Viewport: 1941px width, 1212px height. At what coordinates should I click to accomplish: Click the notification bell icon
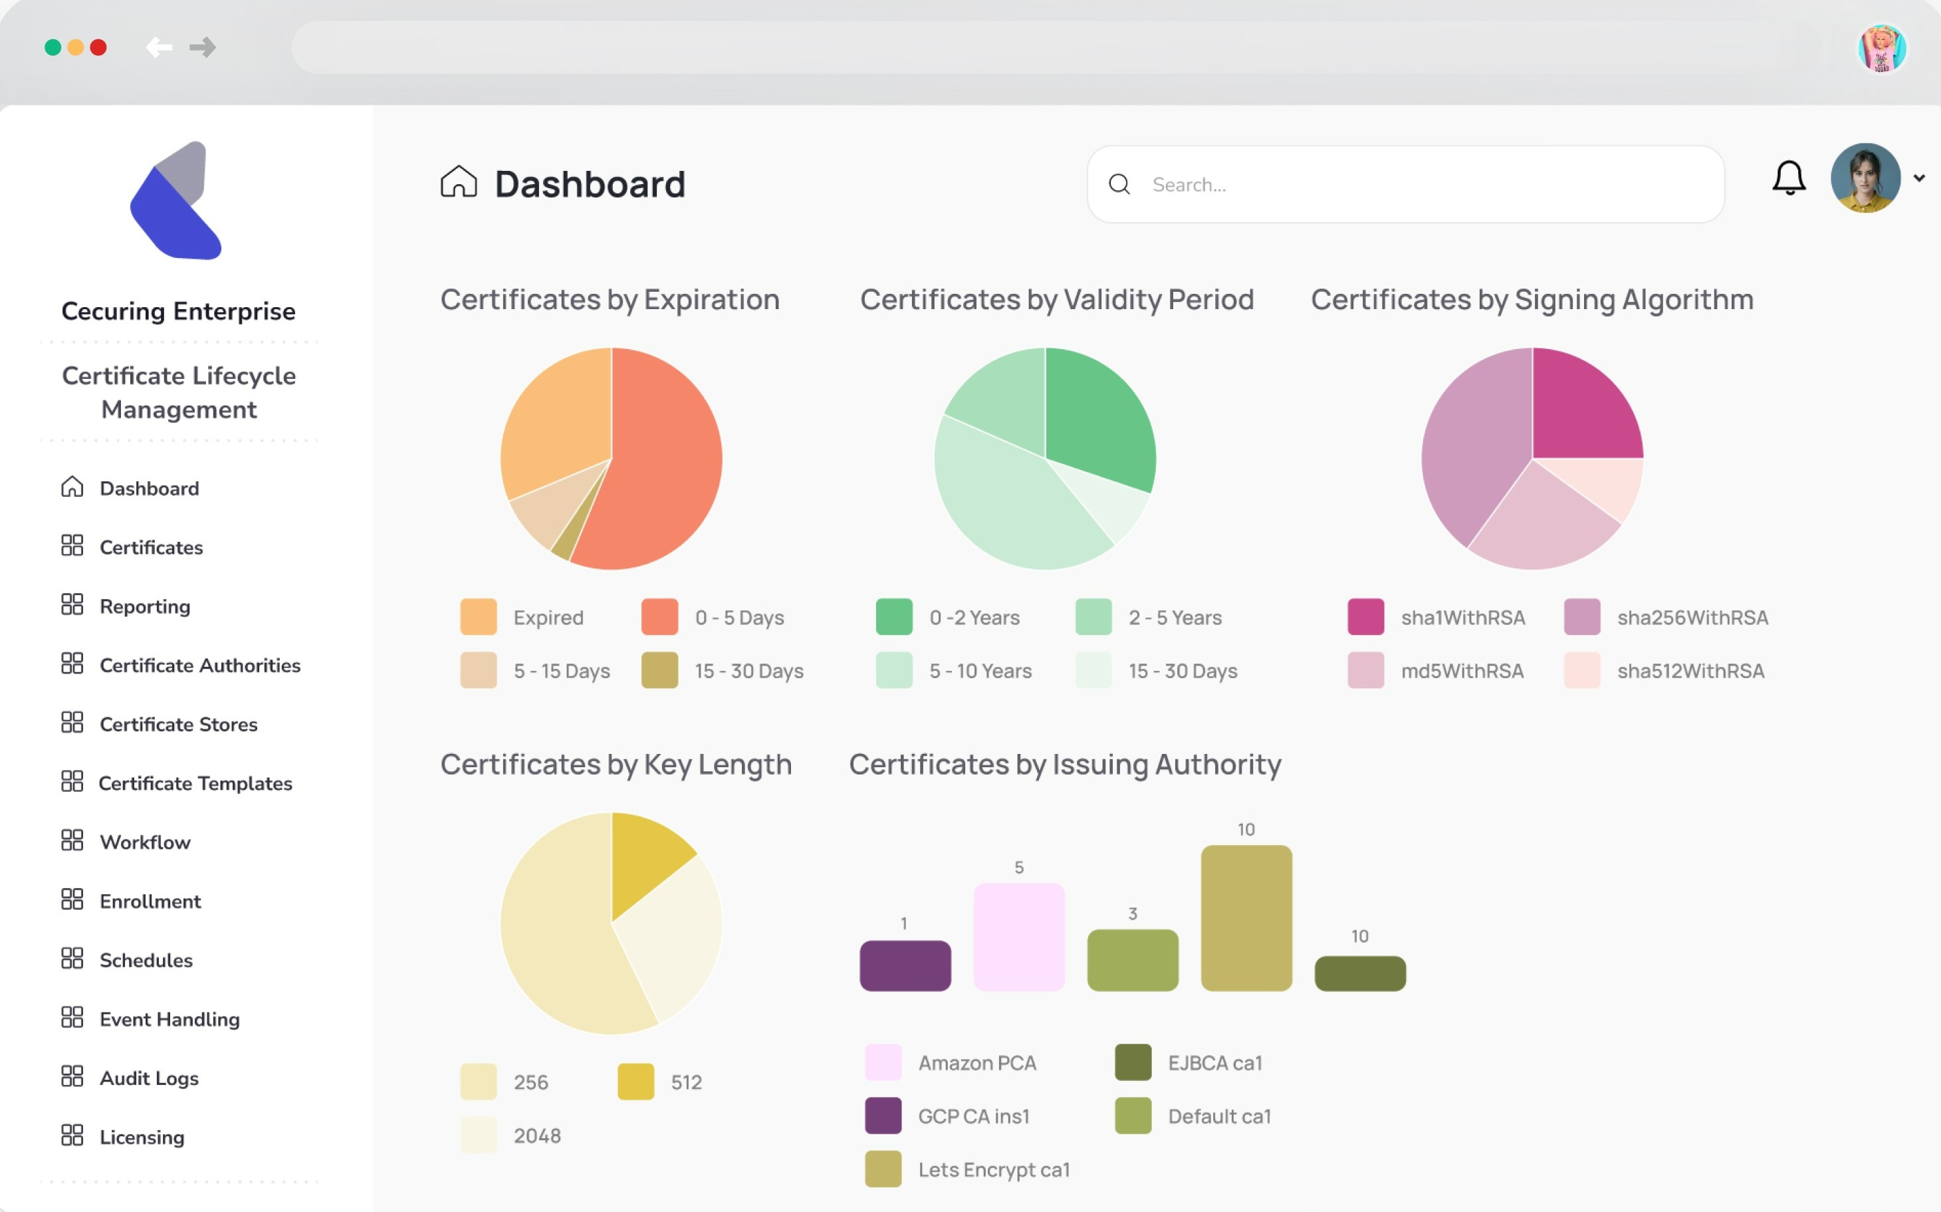1788,178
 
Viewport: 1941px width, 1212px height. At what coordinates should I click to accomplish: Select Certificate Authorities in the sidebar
199,666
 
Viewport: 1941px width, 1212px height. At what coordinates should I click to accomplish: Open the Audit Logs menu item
148,1078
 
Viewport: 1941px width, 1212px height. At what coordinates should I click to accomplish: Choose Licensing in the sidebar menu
142,1138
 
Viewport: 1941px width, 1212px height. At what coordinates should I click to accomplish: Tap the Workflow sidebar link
145,842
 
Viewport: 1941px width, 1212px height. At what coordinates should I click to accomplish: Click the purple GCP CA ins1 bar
905,966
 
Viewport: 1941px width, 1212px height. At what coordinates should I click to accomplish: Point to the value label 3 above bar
1133,913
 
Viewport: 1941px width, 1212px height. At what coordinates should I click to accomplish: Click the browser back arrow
160,47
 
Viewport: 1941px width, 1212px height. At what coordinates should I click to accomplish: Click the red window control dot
98,47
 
